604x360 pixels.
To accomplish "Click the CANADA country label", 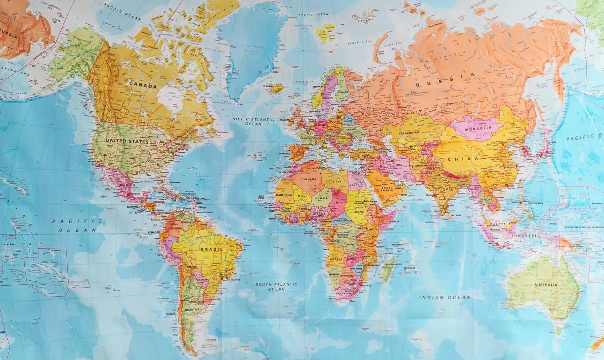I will coord(143,86).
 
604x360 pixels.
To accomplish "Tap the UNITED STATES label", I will coord(128,142).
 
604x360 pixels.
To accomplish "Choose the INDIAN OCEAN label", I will coord(445,297).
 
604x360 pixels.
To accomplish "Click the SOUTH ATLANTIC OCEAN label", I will coord(276,286).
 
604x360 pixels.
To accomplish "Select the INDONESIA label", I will coord(526,235).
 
